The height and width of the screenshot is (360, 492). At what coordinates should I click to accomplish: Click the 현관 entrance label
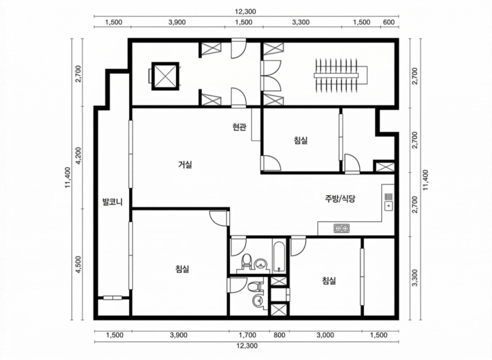[x=239, y=127]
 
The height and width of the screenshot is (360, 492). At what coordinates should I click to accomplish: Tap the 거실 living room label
[x=185, y=164]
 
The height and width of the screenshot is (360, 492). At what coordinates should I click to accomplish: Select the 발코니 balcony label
[x=113, y=201]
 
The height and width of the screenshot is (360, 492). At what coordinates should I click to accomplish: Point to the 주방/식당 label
[x=340, y=198]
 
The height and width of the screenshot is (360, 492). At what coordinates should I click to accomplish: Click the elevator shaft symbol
[x=165, y=76]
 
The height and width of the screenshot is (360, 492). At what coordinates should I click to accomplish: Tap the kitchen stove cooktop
[x=341, y=228]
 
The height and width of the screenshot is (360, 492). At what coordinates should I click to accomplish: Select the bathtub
[x=279, y=257]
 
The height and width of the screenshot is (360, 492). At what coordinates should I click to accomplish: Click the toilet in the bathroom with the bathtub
[x=247, y=261]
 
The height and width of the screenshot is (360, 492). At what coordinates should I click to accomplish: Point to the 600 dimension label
[x=389, y=22]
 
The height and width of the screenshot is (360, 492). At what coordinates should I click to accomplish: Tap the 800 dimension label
[x=279, y=335]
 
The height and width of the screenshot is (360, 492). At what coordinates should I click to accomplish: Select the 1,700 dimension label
[x=248, y=335]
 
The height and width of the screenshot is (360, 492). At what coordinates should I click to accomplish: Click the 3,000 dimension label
[x=325, y=335]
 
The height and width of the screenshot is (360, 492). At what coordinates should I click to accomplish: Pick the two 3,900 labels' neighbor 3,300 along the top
[x=301, y=22]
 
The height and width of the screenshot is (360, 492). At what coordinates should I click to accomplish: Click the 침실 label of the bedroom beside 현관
[x=301, y=140]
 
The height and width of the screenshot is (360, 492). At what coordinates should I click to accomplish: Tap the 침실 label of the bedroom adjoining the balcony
[x=182, y=269]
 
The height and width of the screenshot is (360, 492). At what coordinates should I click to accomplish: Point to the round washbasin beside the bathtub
[x=261, y=264]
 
